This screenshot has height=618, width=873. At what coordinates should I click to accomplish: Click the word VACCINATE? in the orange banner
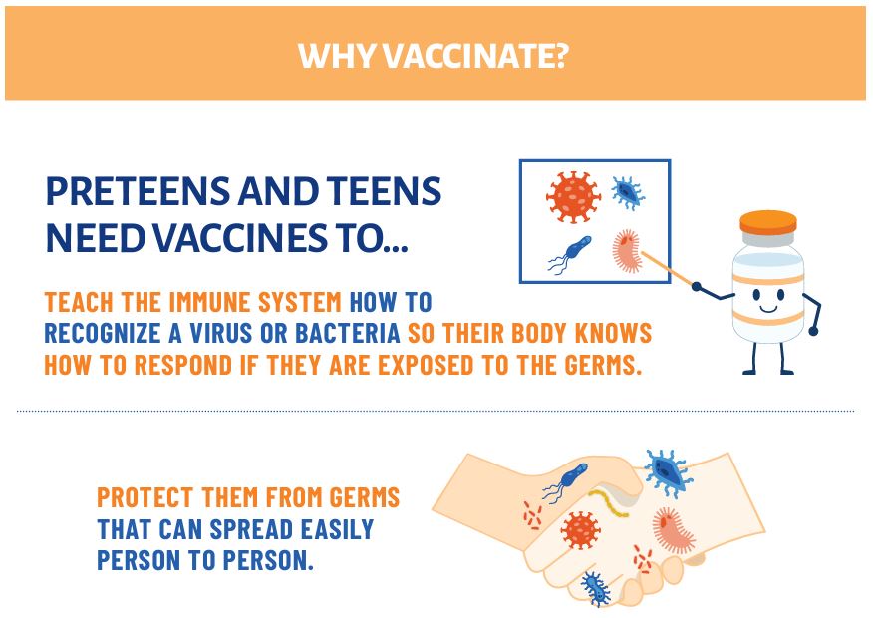pyautogui.click(x=475, y=55)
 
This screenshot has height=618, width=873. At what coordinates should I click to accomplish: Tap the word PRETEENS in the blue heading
pyautogui.click(x=137, y=191)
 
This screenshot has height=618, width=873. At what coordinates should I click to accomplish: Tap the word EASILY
pyautogui.click(x=338, y=529)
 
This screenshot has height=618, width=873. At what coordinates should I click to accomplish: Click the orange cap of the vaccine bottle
pyautogui.click(x=767, y=222)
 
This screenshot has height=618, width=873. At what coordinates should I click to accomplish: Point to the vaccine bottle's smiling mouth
pyautogui.click(x=768, y=307)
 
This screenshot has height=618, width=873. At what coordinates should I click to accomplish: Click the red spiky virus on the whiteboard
pyautogui.click(x=573, y=197)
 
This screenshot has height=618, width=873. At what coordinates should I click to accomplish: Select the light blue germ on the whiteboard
pyautogui.click(x=628, y=192)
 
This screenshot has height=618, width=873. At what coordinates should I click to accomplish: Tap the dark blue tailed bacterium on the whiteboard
pyautogui.click(x=569, y=254)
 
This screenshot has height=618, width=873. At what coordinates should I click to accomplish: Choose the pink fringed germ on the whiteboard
pyautogui.click(x=628, y=251)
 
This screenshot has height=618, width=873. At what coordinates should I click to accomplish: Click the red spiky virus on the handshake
pyautogui.click(x=580, y=530)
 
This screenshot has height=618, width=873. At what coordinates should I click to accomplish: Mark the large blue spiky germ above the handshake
pyautogui.click(x=668, y=472)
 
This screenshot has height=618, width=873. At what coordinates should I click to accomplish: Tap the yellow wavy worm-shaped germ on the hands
pyautogui.click(x=609, y=502)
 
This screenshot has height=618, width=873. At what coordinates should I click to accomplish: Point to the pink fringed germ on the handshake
pyautogui.click(x=673, y=529)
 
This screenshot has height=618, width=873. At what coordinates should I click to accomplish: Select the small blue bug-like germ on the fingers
pyautogui.click(x=596, y=588)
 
